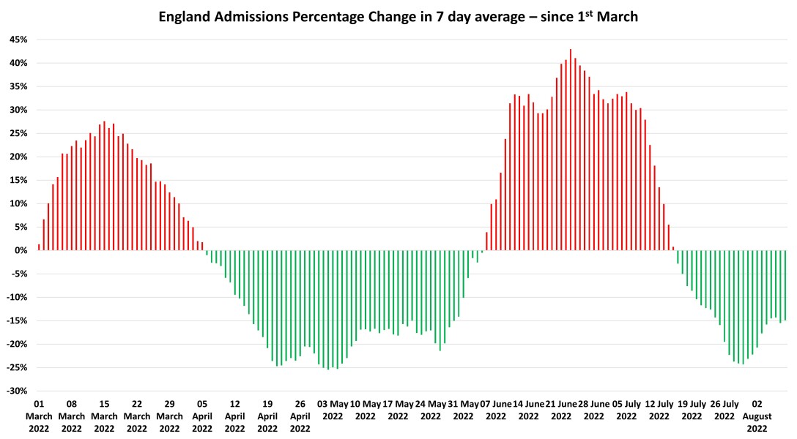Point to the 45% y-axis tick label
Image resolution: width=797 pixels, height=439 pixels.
[x=18, y=40]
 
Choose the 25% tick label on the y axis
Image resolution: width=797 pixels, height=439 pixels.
[x=18, y=133]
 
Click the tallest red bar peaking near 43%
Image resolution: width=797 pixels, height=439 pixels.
[x=571, y=150]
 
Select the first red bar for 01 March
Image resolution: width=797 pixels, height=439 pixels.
[x=39, y=247]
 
